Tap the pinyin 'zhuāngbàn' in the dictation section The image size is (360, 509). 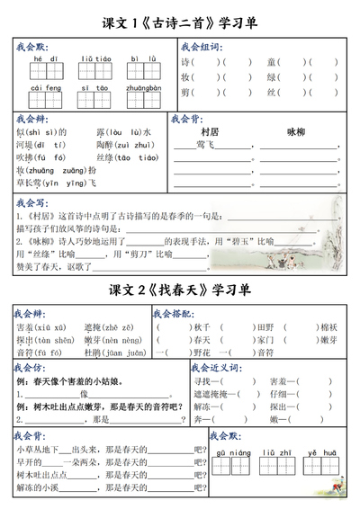[x=144, y=88]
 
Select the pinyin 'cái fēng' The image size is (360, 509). [x=46, y=88]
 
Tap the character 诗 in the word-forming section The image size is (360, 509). [x=186, y=62]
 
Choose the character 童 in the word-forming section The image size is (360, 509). [x=271, y=62]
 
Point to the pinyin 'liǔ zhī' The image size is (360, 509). [x=275, y=453]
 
